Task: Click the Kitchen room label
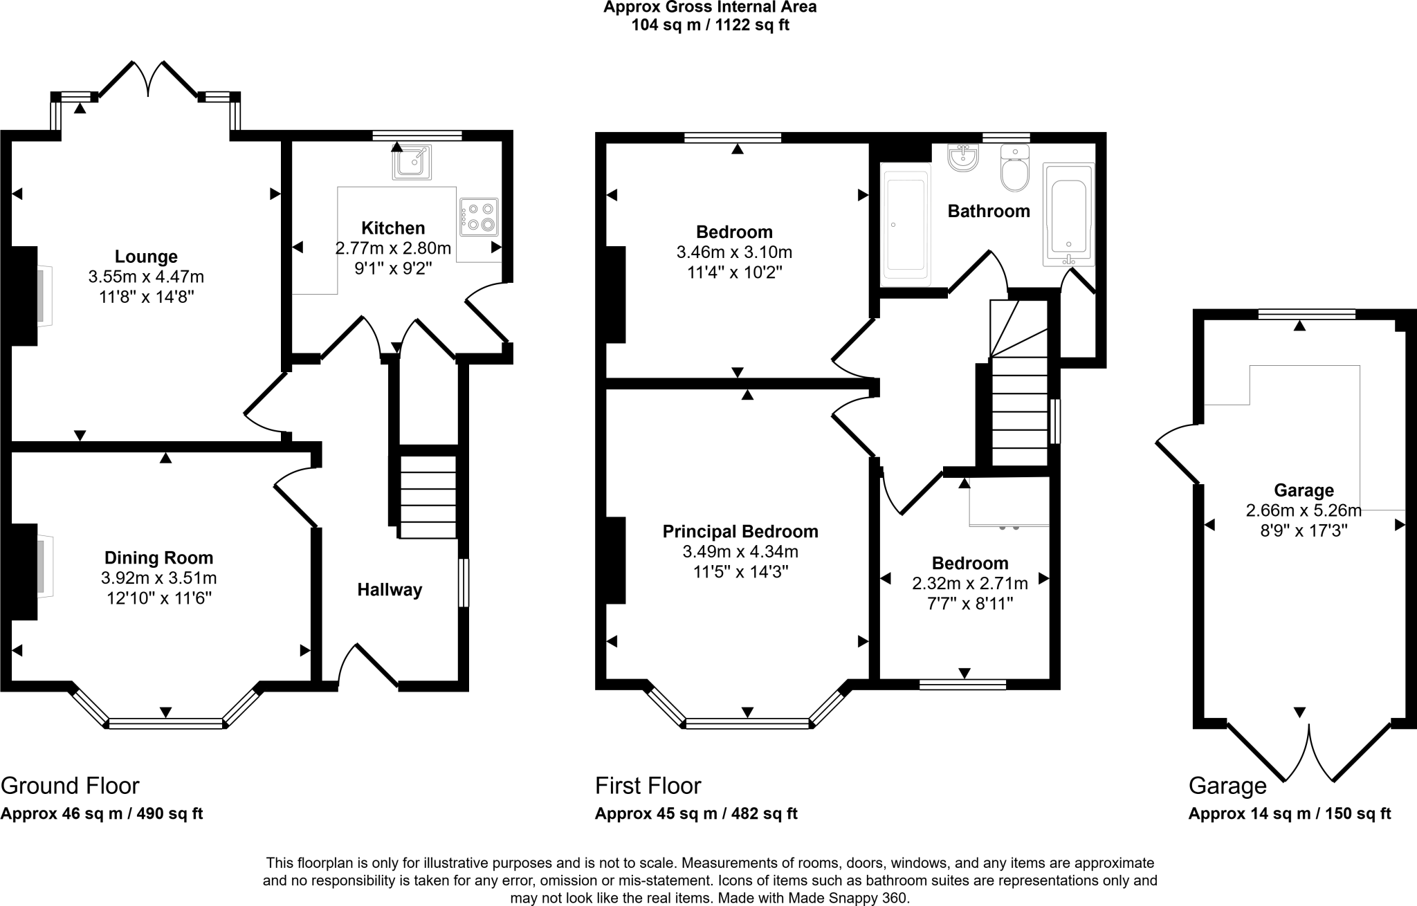pyautogui.click(x=393, y=228)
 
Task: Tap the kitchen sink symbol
pyautogui.click(x=412, y=163)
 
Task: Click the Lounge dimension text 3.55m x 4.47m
pyautogui.click(x=146, y=277)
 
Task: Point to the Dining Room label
pyautogui.click(x=158, y=557)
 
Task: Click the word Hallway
pyautogui.click(x=390, y=590)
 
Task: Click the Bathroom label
pyautogui.click(x=988, y=212)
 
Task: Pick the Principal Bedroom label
pyautogui.click(x=740, y=532)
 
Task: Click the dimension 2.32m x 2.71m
pyautogui.click(x=969, y=584)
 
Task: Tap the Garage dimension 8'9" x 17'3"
pyautogui.click(x=1304, y=531)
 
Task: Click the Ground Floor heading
pyautogui.click(x=70, y=786)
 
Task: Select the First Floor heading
pyautogui.click(x=648, y=786)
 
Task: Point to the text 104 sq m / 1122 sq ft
pyautogui.click(x=710, y=26)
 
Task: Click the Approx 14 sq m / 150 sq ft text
pyautogui.click(x=1289, y=814)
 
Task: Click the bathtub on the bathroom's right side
pyautogui.click(x=1068, y=216)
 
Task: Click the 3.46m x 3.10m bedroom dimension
pyautogui.click(x=733, y=252)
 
